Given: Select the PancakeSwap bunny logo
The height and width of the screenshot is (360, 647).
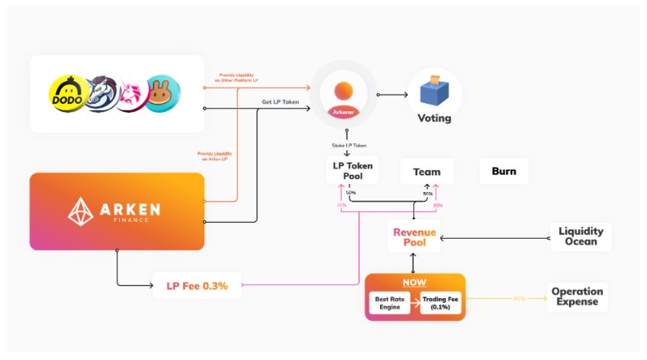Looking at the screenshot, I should click(162, 95).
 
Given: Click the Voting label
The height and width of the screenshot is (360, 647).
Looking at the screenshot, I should click(434, 118).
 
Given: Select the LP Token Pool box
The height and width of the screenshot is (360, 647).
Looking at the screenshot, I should click(349, 171).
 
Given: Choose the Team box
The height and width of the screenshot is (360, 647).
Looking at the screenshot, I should click(427, 172).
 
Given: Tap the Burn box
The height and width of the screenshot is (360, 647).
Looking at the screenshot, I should click(504, 172).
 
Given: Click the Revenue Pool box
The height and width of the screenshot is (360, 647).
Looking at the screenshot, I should click(414, 237).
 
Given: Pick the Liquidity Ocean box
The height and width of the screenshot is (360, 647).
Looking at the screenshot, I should click(581, 236).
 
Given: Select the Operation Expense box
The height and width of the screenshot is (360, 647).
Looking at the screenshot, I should click(577, 297).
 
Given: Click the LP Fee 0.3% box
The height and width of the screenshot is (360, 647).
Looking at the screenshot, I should click(198, 286).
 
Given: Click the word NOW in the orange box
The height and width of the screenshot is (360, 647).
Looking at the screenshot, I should click(414, 282).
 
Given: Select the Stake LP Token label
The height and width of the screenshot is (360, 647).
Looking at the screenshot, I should click(349, 145).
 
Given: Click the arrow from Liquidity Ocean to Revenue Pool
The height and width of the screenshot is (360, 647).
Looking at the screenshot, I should click(496, 237).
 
